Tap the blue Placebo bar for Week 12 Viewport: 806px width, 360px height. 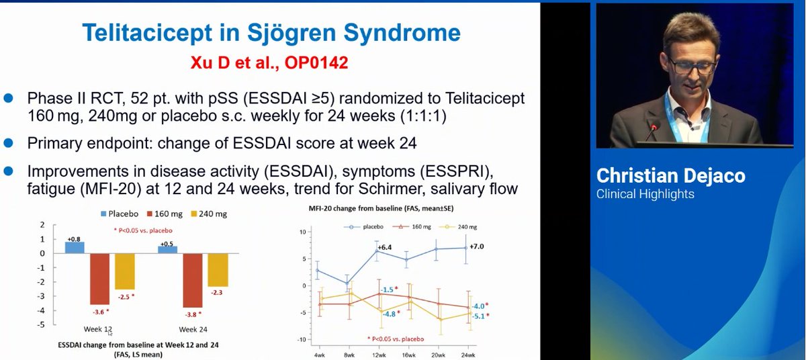75,247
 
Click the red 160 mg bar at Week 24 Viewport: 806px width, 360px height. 193,280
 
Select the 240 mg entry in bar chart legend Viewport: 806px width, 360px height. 214,214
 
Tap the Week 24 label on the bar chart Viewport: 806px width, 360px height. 193,330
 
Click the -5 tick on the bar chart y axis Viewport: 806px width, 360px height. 42,324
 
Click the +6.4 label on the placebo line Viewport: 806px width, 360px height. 384,248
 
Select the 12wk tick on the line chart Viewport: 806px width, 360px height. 379,354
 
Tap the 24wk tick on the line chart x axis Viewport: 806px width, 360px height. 467,354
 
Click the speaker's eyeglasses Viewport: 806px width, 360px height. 692,65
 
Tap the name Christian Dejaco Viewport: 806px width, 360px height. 670,176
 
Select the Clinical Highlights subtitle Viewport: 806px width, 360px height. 645,194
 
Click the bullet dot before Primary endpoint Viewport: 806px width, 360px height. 9,142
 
